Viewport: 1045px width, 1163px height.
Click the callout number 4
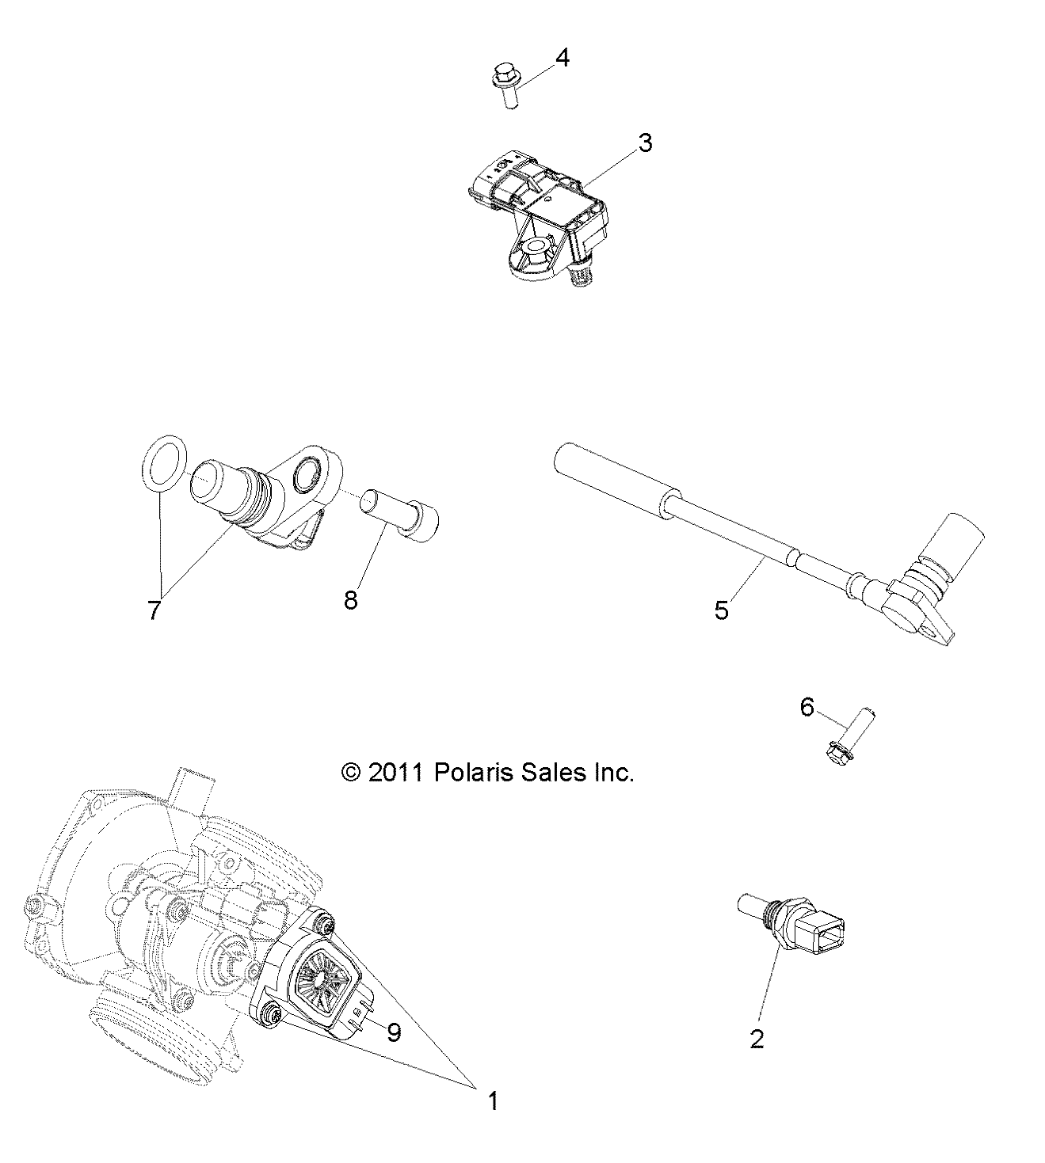(562, 59)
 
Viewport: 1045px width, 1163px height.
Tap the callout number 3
(645, 143)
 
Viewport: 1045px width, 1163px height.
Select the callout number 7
(154, 610)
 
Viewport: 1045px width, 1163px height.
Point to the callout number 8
(351, 599)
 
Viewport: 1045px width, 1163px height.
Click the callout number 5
(721, 610)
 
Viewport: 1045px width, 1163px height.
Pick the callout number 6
(807, 706)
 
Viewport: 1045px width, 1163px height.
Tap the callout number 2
(757, 1039)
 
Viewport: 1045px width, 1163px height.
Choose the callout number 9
(394, 1032)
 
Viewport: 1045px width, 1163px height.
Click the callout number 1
(492, 1101)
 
